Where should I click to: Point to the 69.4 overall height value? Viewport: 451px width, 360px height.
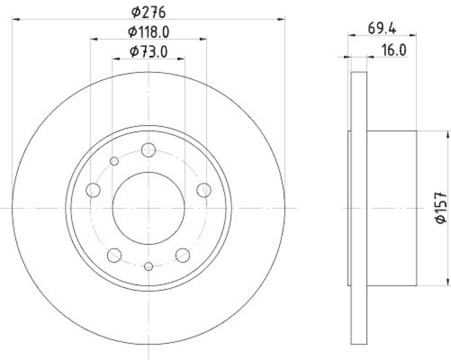pyautogui.click(x=382, y=27)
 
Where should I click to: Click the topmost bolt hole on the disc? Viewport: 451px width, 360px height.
pyautogui.click(x=149, y=150)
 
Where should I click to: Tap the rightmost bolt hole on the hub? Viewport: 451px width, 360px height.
pyautogui.click(x=204, y=190)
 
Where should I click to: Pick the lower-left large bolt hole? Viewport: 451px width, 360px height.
pyautogui.click(x=115, y=255)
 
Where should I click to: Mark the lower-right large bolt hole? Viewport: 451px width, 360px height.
pyautogui.click(x=183, y=255)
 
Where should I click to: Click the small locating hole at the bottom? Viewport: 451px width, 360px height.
pyautogui.click(x=149, y=266)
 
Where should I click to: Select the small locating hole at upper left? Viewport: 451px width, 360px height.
pyautogui.click(x=114, y=161)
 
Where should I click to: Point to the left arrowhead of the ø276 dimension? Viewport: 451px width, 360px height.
pyautogui.click(x=16, y=20)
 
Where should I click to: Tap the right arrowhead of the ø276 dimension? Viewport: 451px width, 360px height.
pyautogui.click(x=282, y=20)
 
